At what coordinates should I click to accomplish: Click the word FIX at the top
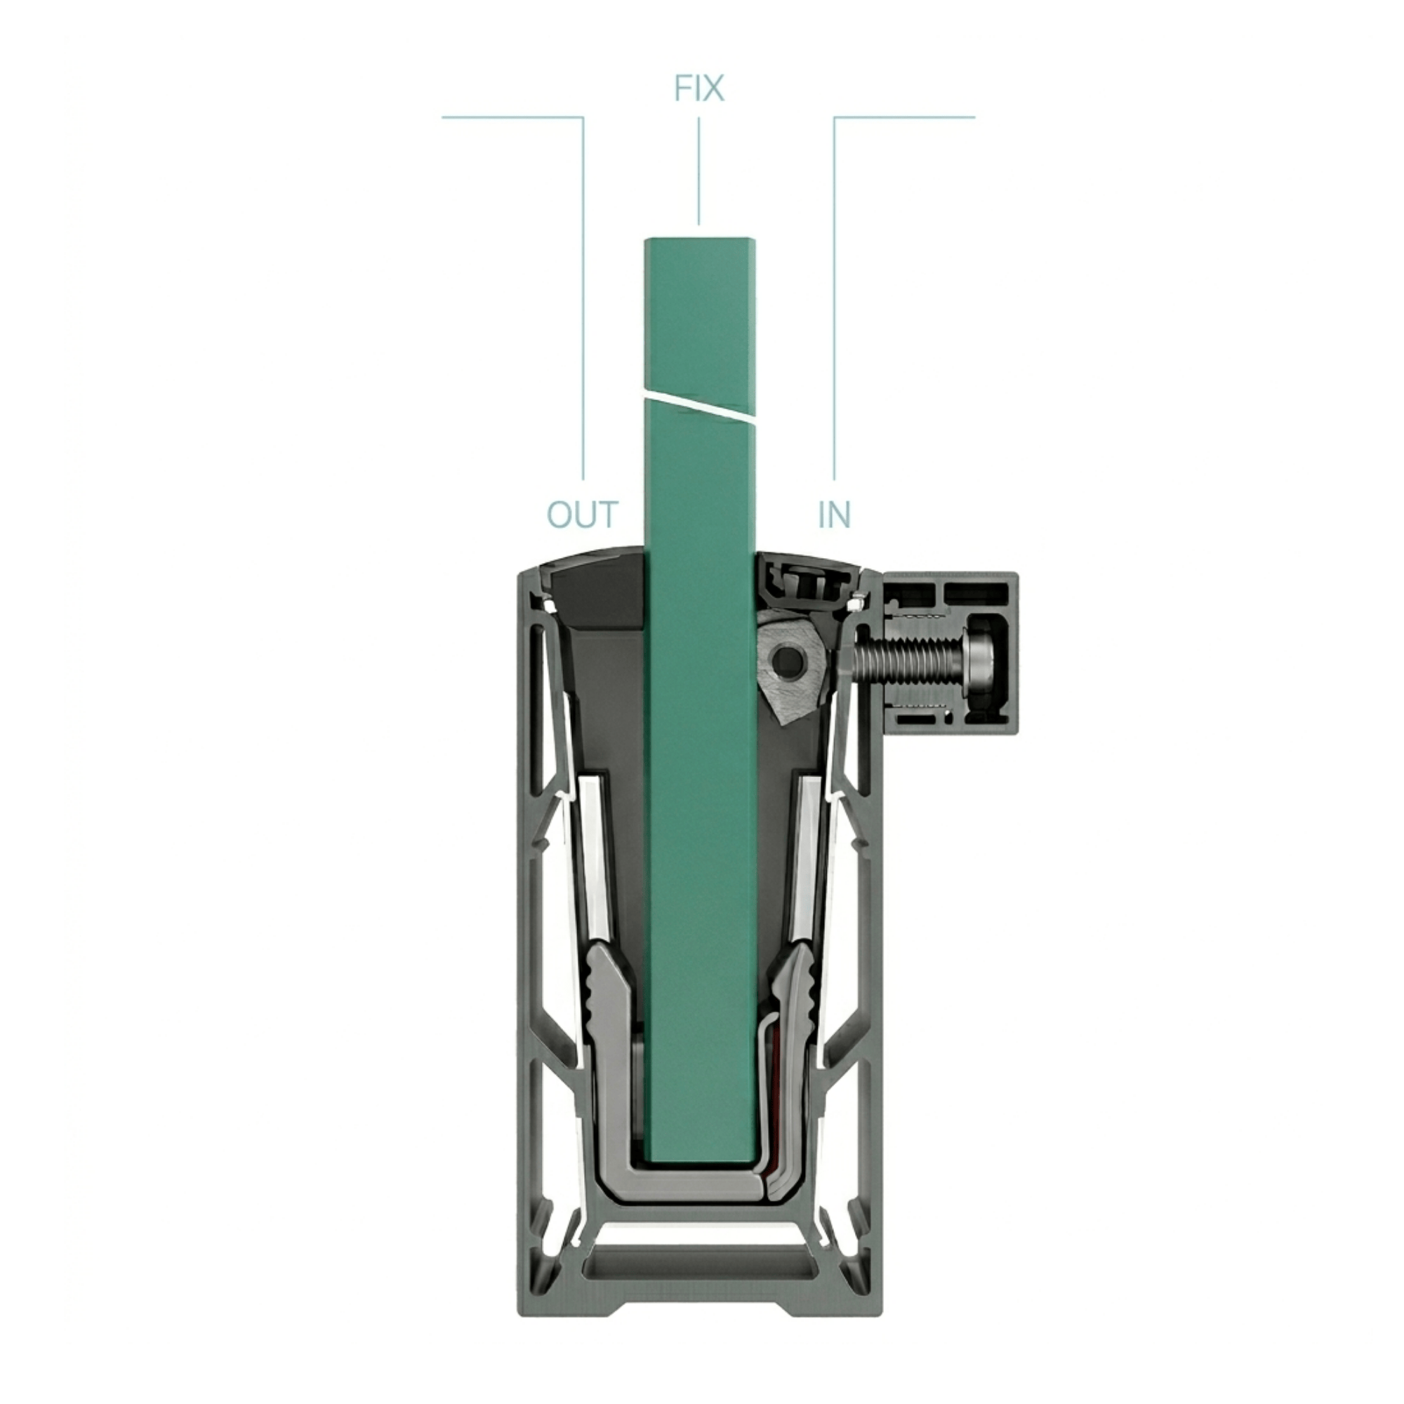click(x=698, y=88)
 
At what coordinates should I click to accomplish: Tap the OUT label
click(x=582, y=515)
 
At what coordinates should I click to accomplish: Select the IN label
click(x=833, y=515)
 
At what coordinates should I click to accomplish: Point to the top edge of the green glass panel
click(x=698, y=240)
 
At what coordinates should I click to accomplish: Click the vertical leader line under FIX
click(x=698, y=171)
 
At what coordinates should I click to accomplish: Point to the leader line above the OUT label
click(x=583, y=291)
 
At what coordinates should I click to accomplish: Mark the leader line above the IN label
click(x=833, y=291)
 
